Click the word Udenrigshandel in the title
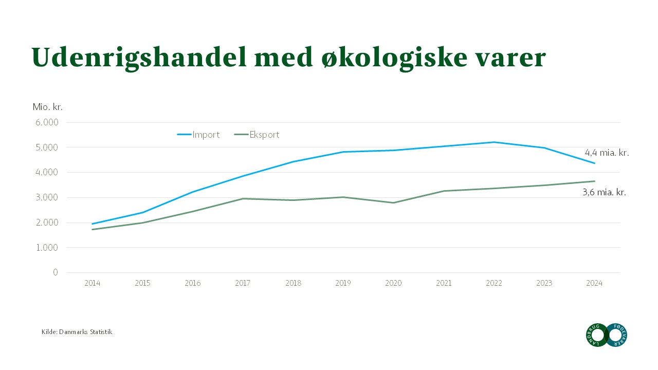139,58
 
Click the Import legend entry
198,135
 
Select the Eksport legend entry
257,135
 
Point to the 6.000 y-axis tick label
47,122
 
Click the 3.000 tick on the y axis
47,197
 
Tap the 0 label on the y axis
56,272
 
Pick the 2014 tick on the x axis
92,283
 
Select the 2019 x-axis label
343,283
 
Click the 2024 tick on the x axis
594,283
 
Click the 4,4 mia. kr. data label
607,153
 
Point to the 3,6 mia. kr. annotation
604,192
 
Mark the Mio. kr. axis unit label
48,107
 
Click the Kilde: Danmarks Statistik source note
77,332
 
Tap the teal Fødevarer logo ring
625,335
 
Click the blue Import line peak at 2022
494,142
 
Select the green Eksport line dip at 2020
393,203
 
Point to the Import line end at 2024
595,163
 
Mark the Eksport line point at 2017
243,198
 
